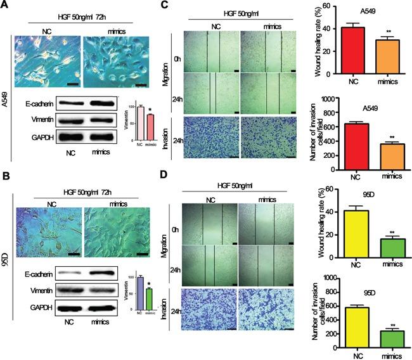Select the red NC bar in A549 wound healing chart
click(x=342, y=51)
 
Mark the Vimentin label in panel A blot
click(x=38, y=119)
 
